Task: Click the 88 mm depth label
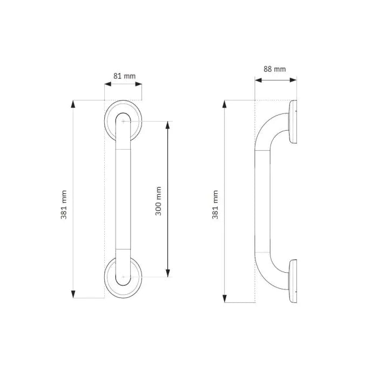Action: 275,69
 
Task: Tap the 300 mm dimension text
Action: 159,201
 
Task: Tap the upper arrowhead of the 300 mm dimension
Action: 168,125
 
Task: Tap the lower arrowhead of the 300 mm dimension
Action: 168,274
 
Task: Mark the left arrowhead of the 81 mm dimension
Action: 107,84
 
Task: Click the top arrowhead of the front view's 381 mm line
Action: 73,104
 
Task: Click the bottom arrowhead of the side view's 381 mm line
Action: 225,299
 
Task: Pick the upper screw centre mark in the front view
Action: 124,122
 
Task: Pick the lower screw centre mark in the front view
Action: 124,278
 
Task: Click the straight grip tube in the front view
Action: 123,200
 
